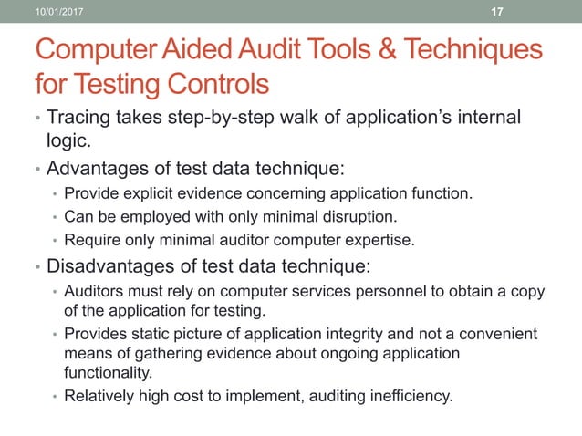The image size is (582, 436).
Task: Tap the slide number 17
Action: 497,11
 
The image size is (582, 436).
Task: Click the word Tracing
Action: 77,119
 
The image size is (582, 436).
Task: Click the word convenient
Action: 498,335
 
